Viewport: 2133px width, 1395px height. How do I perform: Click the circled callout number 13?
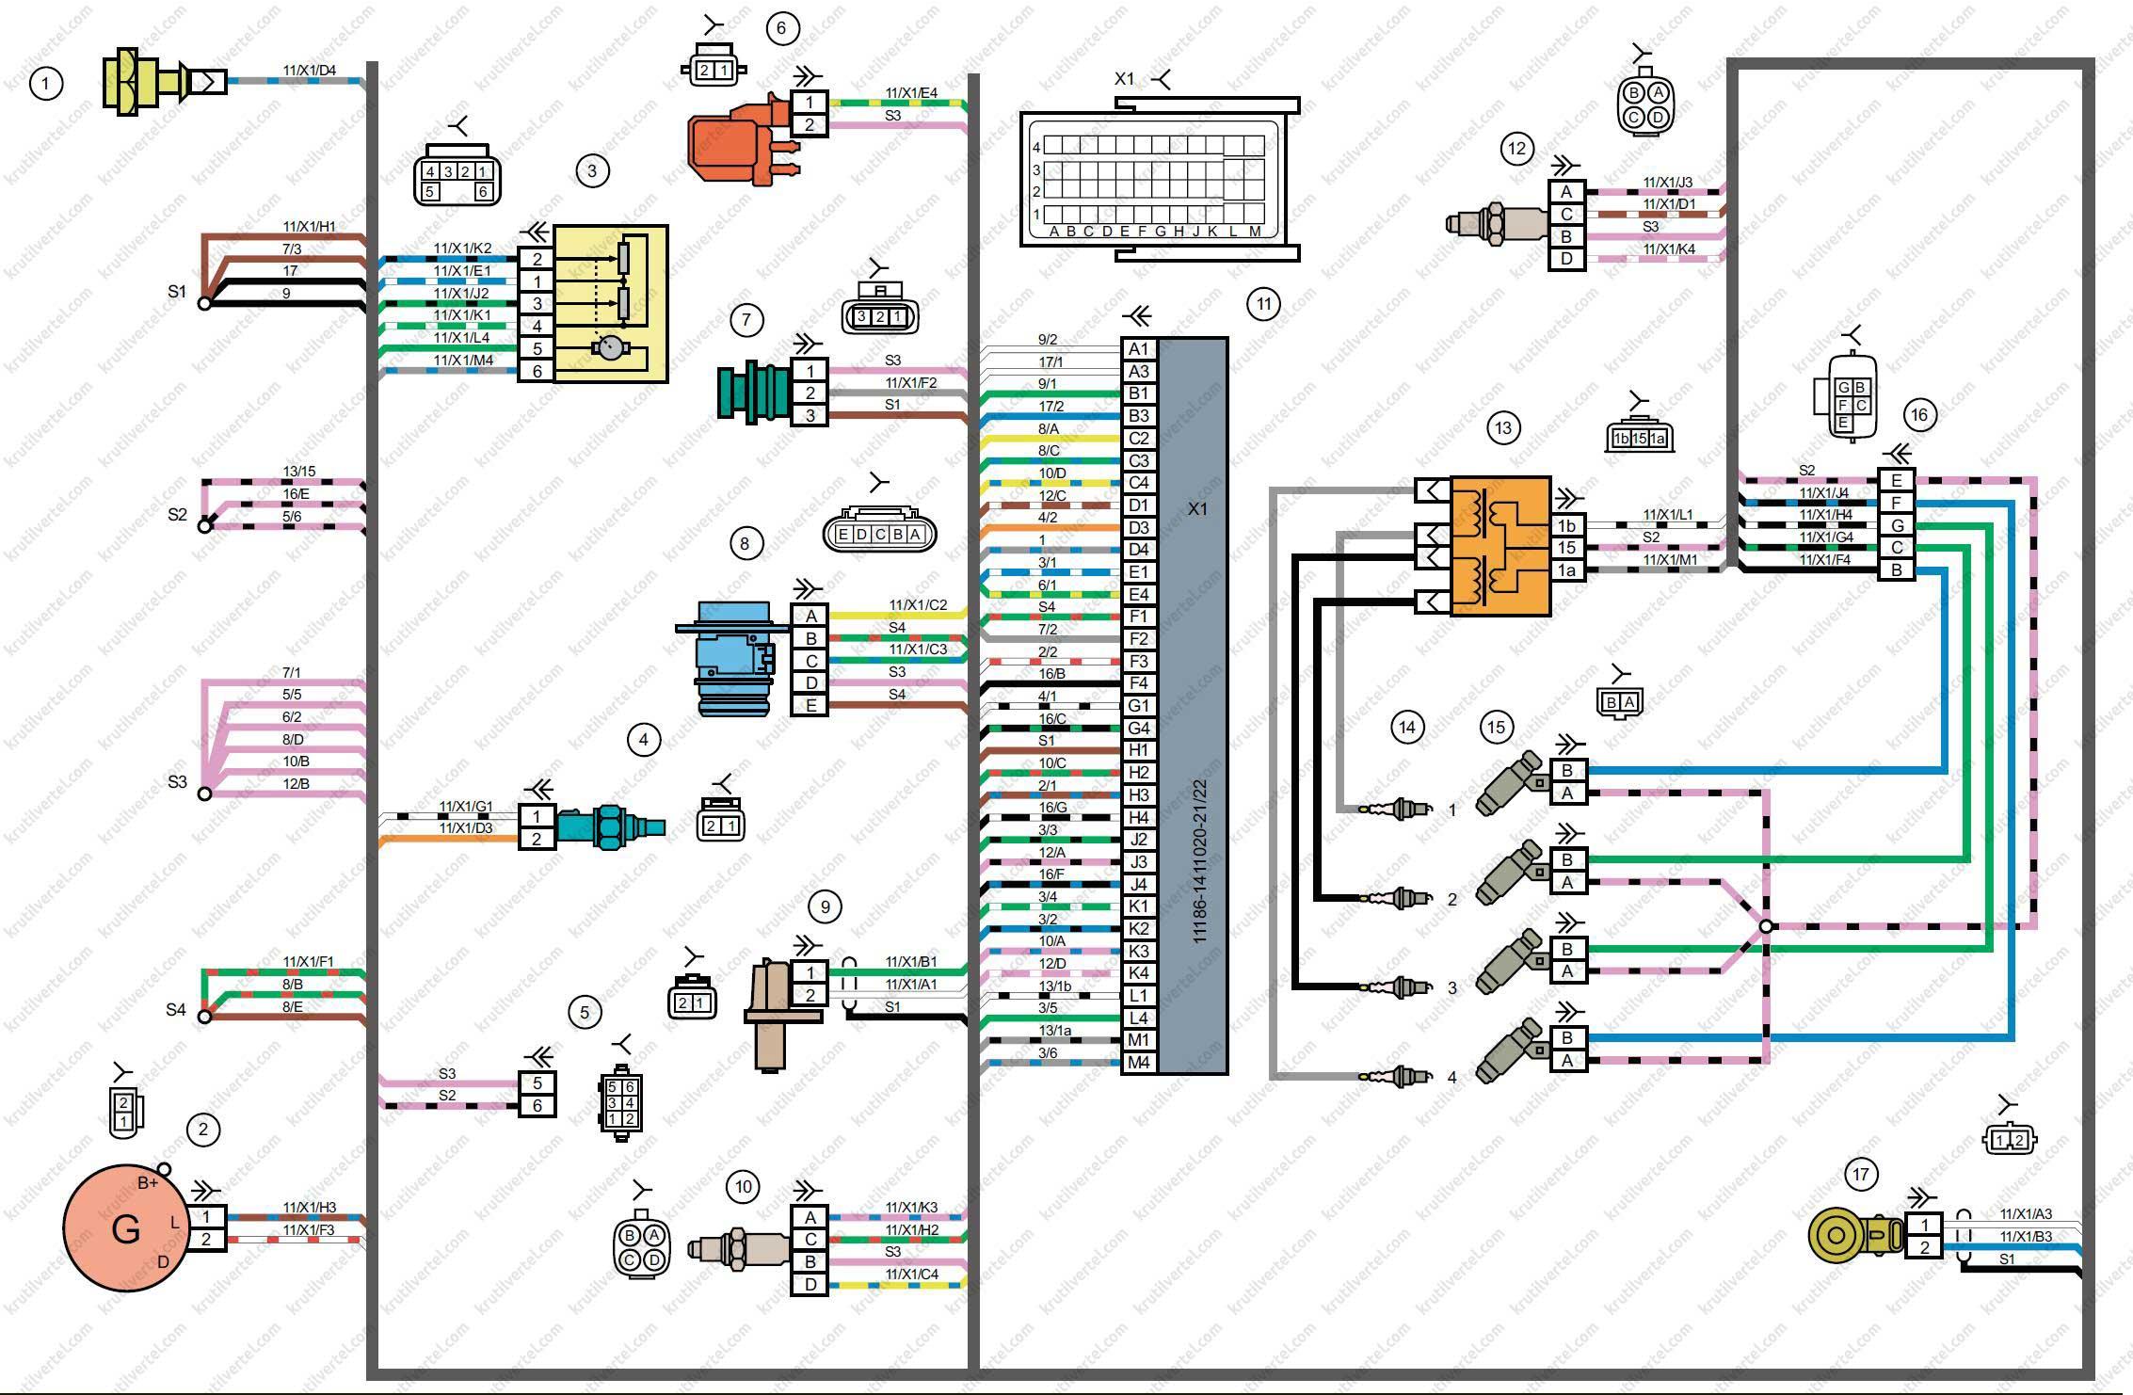1502,428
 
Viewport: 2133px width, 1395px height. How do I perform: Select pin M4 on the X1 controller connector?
1139,1063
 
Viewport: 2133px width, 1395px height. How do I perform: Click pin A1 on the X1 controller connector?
1139,349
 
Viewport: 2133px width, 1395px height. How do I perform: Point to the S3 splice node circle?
204,794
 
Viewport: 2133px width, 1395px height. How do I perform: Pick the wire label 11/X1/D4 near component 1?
310,71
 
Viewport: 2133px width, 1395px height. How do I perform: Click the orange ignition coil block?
1500,546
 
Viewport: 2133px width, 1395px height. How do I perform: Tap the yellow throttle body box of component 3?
611,304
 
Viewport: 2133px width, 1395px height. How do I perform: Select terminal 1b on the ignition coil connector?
1567,525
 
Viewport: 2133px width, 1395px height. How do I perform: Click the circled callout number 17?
1860,1175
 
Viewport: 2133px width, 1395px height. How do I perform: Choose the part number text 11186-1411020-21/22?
1199,862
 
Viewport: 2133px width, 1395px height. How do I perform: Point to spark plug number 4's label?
1452,1077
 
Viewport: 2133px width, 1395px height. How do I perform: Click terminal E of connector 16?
1896,481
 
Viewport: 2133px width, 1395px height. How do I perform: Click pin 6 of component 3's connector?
537,371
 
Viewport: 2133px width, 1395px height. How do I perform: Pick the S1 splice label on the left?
177,292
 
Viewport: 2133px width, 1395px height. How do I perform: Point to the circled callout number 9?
825,906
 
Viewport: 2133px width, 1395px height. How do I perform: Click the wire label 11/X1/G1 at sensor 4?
465,807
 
